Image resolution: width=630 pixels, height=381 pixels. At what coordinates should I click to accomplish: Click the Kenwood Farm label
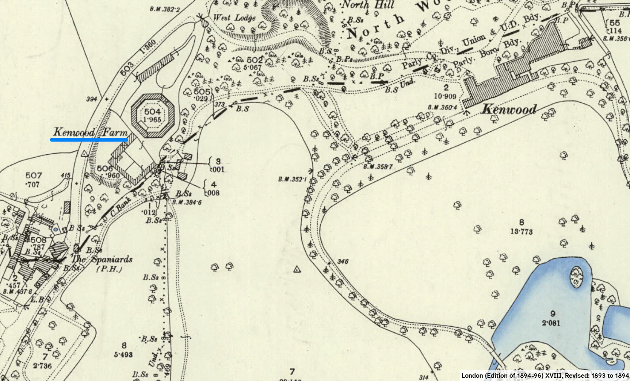[x=90, y=132]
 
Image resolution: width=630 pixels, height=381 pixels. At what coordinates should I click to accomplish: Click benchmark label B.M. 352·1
[x=292, y=179]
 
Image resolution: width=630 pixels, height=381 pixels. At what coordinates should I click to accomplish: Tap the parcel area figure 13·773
[x=522, y=231]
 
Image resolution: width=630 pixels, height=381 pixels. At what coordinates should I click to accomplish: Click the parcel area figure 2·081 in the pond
[x=551, y=323]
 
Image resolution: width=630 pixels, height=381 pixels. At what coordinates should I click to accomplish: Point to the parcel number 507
[x=34, y=176]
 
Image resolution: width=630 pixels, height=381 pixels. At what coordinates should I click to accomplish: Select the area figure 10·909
[x=446, y=96]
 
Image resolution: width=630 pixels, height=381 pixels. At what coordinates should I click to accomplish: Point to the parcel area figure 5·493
[x=123, y=354]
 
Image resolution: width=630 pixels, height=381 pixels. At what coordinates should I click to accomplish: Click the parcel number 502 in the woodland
[x=254, y=59]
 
